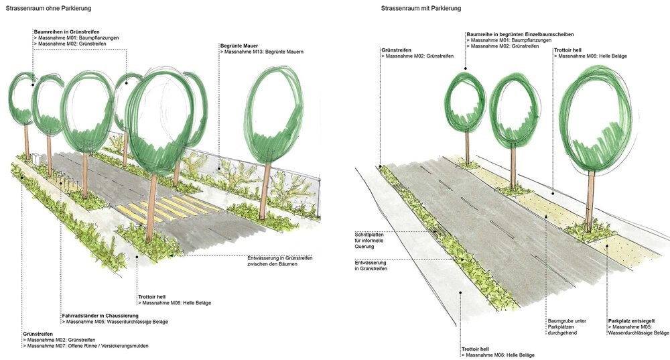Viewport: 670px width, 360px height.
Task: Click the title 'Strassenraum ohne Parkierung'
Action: (48, 8)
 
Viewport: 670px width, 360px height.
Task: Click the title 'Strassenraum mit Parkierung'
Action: (421, 8)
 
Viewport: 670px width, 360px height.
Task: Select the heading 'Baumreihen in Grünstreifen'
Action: (66, 32)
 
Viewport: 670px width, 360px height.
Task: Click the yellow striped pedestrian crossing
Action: (164, 208)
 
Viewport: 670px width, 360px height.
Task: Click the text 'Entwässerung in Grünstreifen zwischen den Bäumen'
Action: (280, 261)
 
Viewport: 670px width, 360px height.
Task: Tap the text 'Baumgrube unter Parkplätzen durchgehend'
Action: (567, 327)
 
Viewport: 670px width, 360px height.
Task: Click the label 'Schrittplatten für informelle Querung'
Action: (369, 241)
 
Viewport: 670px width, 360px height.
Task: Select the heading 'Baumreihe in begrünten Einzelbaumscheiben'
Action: (520, 34)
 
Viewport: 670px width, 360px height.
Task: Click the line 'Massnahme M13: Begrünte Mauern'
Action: (262, 52)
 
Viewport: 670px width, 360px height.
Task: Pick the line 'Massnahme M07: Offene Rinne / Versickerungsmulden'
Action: (86, 346)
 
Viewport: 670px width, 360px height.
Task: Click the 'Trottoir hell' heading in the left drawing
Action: (151, 297)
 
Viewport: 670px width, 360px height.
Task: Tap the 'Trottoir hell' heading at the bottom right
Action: (475, 349)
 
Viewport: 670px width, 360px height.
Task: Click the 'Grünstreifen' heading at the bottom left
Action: (38, 334)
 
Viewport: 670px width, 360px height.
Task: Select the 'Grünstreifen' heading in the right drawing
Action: (396, 50)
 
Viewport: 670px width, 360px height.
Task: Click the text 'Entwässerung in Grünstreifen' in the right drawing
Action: (371, 265)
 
